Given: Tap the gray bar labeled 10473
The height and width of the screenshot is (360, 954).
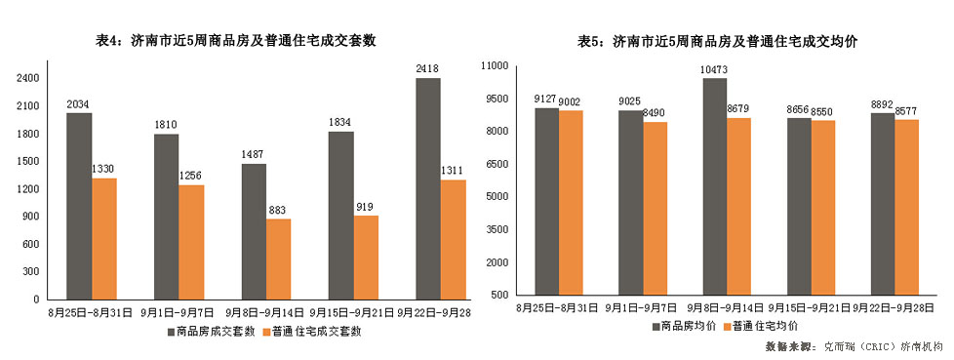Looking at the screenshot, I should point(715,185).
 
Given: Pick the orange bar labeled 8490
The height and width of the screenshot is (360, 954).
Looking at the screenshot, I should point(655,208).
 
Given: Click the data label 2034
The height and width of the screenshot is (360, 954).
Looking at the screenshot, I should point(79,104).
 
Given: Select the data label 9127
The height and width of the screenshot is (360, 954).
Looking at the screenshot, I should point(546,99).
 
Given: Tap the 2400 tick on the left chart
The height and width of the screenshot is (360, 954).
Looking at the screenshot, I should point(28,78).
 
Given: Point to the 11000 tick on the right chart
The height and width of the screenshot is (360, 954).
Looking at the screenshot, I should point(497,65).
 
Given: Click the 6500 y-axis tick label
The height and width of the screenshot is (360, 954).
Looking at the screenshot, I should point(498,164).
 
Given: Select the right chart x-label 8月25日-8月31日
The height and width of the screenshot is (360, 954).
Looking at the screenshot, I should point(557,307).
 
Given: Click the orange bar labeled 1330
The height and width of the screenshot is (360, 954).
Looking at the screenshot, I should point(104,238).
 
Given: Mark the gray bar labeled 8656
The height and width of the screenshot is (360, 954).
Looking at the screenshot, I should point(799,206).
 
